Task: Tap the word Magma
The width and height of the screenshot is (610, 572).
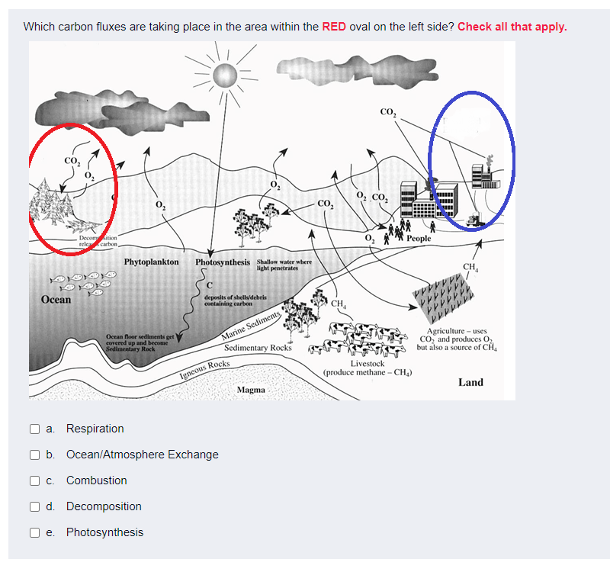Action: pos(251,389)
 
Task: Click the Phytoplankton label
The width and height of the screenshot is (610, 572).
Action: pos(151,262)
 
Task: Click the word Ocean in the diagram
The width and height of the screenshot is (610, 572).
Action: pos(56,299)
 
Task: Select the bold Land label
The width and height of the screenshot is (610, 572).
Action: pos(470,381)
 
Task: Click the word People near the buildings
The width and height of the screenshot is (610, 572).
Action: pos(419,239)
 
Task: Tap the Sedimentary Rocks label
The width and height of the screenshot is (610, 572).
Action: pos(258,348)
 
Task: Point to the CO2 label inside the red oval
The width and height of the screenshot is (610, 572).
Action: pos(71,161)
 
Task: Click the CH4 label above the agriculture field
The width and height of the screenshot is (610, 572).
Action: pos(472,266)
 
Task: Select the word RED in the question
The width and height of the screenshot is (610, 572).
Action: pos(334,27)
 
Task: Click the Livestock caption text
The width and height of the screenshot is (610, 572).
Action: pos(367,364)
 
